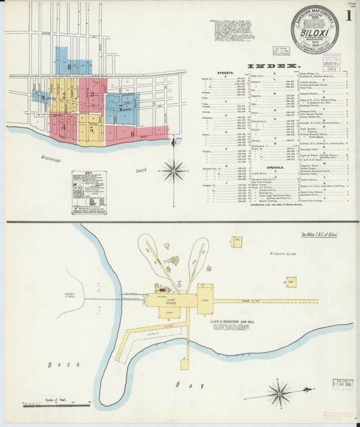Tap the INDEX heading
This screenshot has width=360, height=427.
273,66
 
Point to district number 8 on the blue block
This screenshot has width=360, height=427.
70,66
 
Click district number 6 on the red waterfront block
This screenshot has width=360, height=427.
133,133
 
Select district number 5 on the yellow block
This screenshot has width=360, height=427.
91,128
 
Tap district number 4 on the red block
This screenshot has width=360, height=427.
63,126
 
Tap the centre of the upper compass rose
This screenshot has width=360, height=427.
174,170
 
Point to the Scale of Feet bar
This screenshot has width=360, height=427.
57,403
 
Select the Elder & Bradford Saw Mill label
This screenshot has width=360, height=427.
231,321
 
